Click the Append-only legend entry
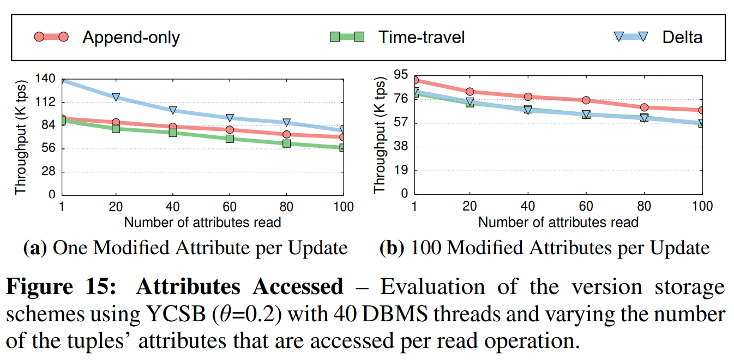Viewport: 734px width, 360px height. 131,37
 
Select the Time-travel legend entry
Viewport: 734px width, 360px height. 422,37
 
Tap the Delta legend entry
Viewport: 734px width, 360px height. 682,37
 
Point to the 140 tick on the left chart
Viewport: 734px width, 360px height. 45,79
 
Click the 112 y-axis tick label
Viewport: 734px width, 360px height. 45,102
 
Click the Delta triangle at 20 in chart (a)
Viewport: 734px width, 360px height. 116,97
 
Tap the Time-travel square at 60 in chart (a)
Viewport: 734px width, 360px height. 230,139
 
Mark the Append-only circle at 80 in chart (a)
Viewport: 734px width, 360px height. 286,134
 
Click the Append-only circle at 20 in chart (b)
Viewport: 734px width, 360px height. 470,92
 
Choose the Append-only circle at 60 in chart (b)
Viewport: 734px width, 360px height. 586,100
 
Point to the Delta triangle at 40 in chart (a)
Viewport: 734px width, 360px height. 173,110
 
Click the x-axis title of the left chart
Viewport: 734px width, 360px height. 203,222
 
